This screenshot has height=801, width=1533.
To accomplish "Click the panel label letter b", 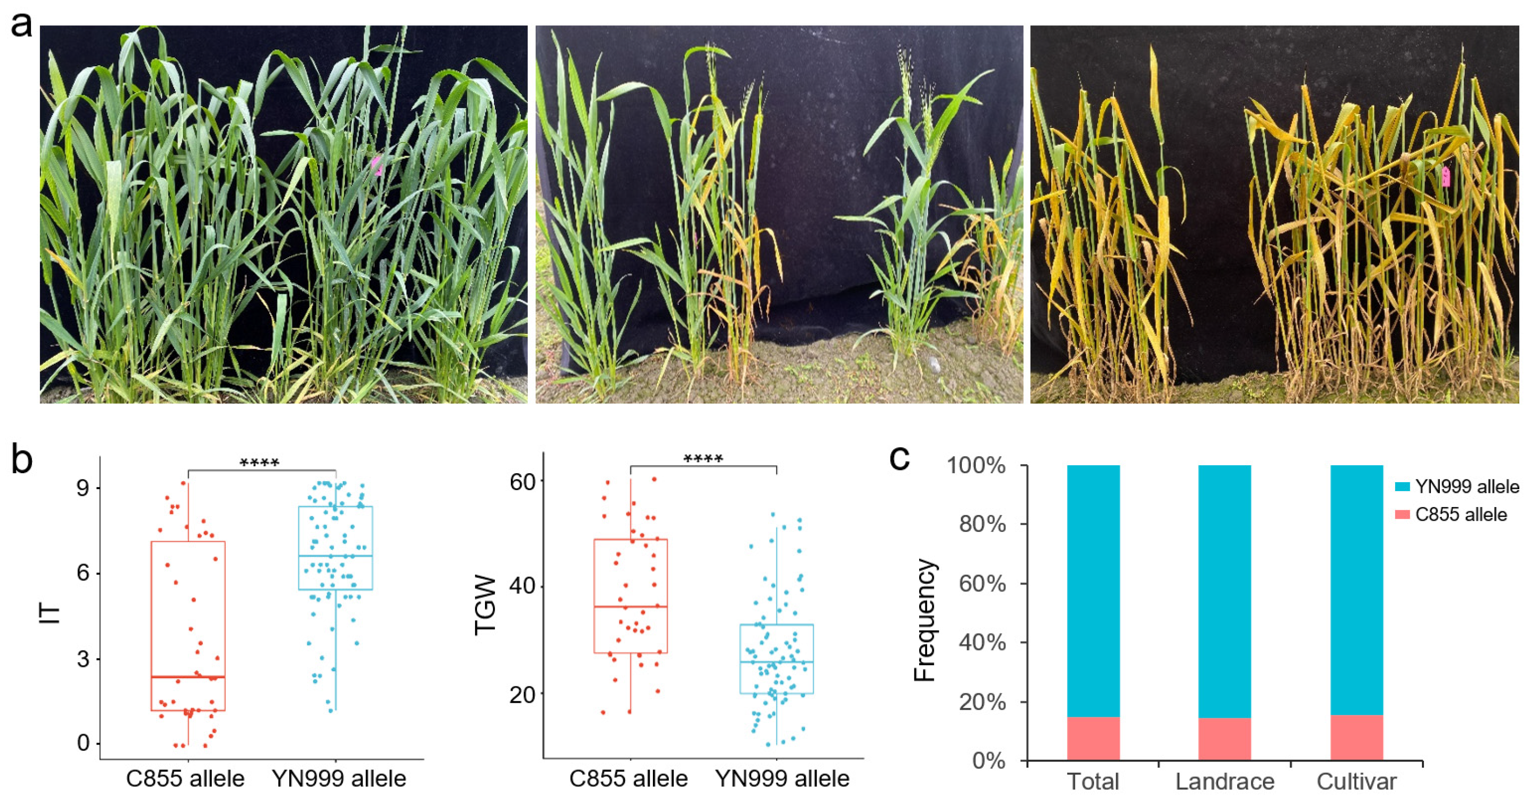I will click(22, 460).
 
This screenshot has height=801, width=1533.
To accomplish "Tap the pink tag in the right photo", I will click(1446, 177).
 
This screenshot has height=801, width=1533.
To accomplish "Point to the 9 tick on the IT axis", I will click(83, 488).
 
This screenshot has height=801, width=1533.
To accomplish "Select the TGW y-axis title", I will click(485, 605).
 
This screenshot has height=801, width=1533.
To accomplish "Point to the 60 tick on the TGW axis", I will click(523, 482).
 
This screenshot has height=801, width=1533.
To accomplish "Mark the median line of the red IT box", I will click(188, 677).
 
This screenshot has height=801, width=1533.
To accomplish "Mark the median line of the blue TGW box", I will click(776, 662).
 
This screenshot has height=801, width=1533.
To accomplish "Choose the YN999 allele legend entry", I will click(1456, 487).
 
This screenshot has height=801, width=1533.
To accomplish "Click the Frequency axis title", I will click(925, 619).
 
